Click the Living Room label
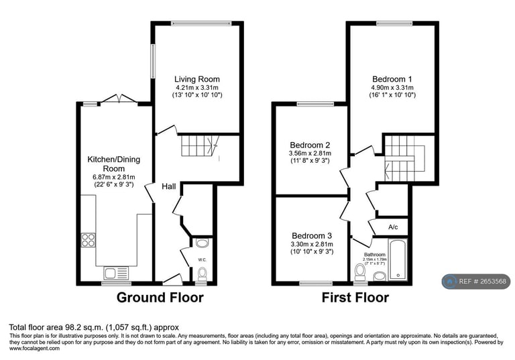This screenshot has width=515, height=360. (196, 79)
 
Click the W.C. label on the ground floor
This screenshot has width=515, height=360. (201, 259)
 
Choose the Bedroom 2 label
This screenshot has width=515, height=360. (310, 145)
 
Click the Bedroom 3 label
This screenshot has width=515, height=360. (311, 235)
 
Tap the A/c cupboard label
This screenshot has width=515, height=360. (393, 227)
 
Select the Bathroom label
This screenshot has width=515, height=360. (374, 255)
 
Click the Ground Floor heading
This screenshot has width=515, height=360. (160, 297)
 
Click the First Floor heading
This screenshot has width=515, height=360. (355, 297)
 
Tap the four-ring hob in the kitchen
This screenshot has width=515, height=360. (89, 239)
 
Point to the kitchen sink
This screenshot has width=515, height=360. (111, 273)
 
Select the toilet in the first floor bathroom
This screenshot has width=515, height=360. (361, 271)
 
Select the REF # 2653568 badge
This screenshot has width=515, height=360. (476, 282)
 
